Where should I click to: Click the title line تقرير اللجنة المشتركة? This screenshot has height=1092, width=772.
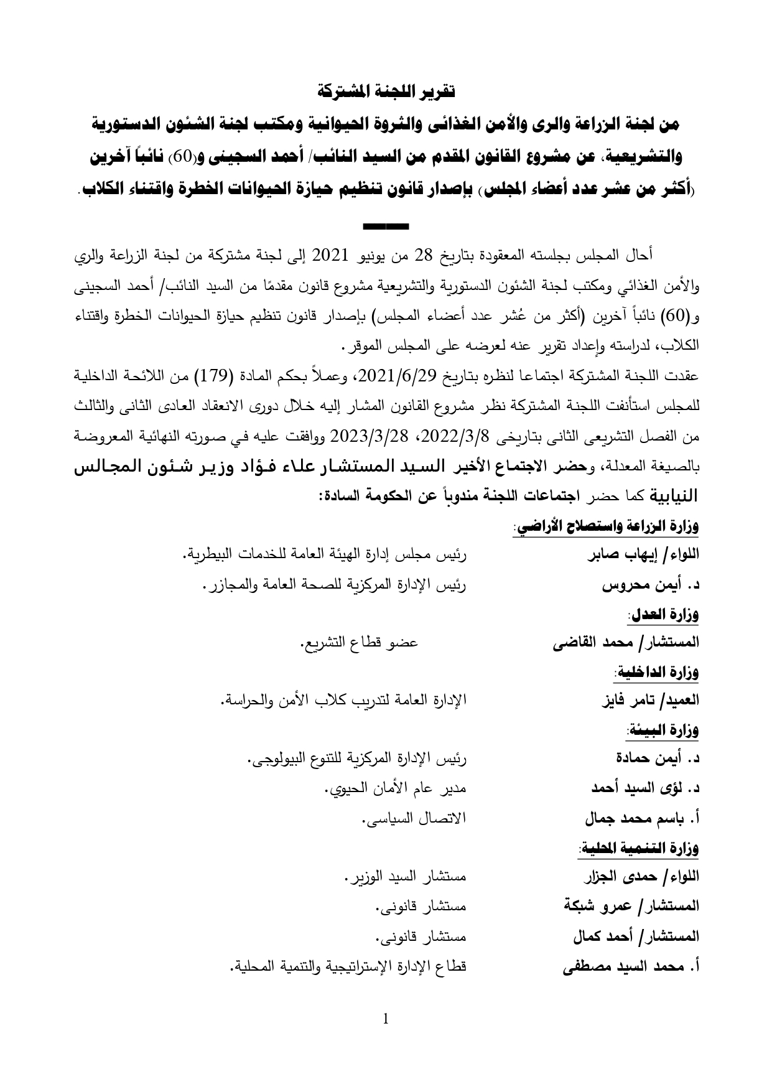pyautogui.click(x=386, y=91)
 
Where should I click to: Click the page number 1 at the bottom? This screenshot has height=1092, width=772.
pyautogui.click(x=386, y=1019)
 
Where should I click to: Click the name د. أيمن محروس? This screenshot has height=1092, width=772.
pyautogui.click(x=651, y=586)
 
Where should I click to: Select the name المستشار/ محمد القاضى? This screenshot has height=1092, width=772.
pyautogui.click(x=626, y=643)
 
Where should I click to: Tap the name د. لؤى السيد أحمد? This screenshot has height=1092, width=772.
pyautogui.click(x=645, y=788)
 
